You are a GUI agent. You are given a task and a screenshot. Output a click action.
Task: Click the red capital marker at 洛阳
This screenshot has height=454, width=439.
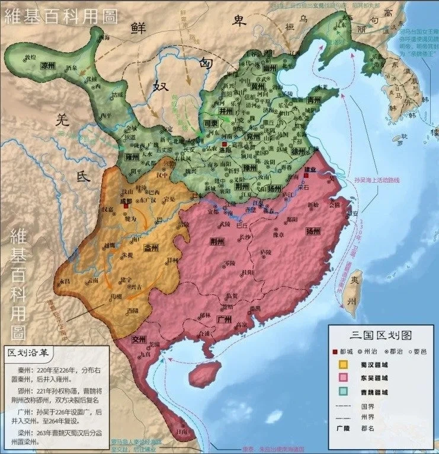pos(225,145)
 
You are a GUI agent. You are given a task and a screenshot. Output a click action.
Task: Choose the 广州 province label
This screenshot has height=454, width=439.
pos(224,319)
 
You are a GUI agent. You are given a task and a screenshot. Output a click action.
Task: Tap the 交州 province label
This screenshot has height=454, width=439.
pos(139,339)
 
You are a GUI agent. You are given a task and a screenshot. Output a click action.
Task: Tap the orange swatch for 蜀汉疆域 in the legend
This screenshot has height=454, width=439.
pos(342,364)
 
